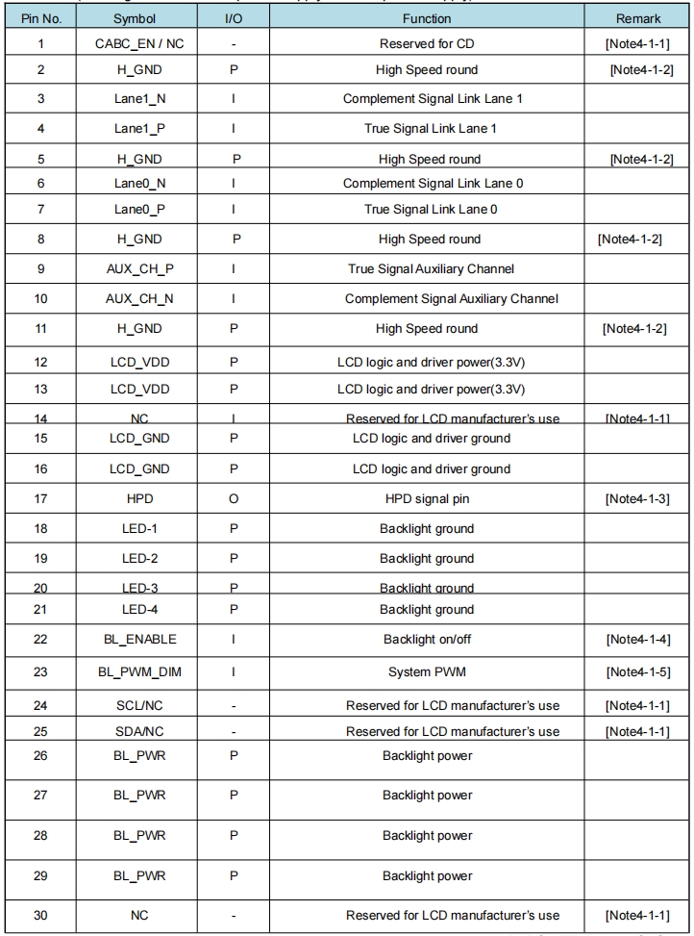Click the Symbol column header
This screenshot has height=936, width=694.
[x=134, y=18]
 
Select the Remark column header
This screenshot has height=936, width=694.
[x=638, y=18]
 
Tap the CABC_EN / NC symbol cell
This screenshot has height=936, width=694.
[x=139, y=44]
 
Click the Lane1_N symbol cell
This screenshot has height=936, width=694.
[x=139, y=99]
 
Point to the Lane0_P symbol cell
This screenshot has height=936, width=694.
[x=139, y=209]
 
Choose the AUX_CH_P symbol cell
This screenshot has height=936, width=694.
[x=139, y=268]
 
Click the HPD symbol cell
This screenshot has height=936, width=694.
[x=139, y=498]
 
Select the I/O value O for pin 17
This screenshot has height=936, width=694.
[x=234, y=498]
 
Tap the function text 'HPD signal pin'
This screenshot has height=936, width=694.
[x=427, y=498]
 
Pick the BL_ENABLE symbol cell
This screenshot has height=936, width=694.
[x=139, y=639]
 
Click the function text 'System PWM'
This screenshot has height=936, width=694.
[x=427, y=671]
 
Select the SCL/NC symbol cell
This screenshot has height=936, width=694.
[x=139, y=705]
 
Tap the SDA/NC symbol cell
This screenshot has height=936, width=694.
[x=139, y=731]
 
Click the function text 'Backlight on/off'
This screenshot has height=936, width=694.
[x=427, y=639]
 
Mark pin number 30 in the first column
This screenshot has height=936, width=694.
[x=40, y=915]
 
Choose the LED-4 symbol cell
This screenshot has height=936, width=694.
[x=139, y=609]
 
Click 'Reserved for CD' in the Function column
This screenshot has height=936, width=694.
[x=427, y=44]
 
